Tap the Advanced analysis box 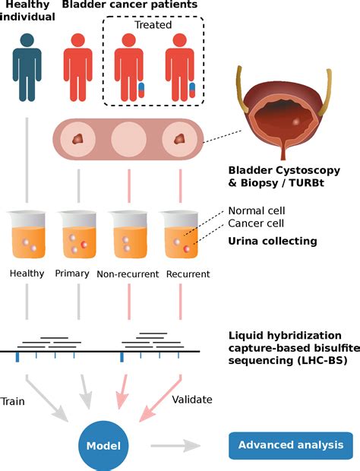(x=292, y=445)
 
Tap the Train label (x=15, y=399)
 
